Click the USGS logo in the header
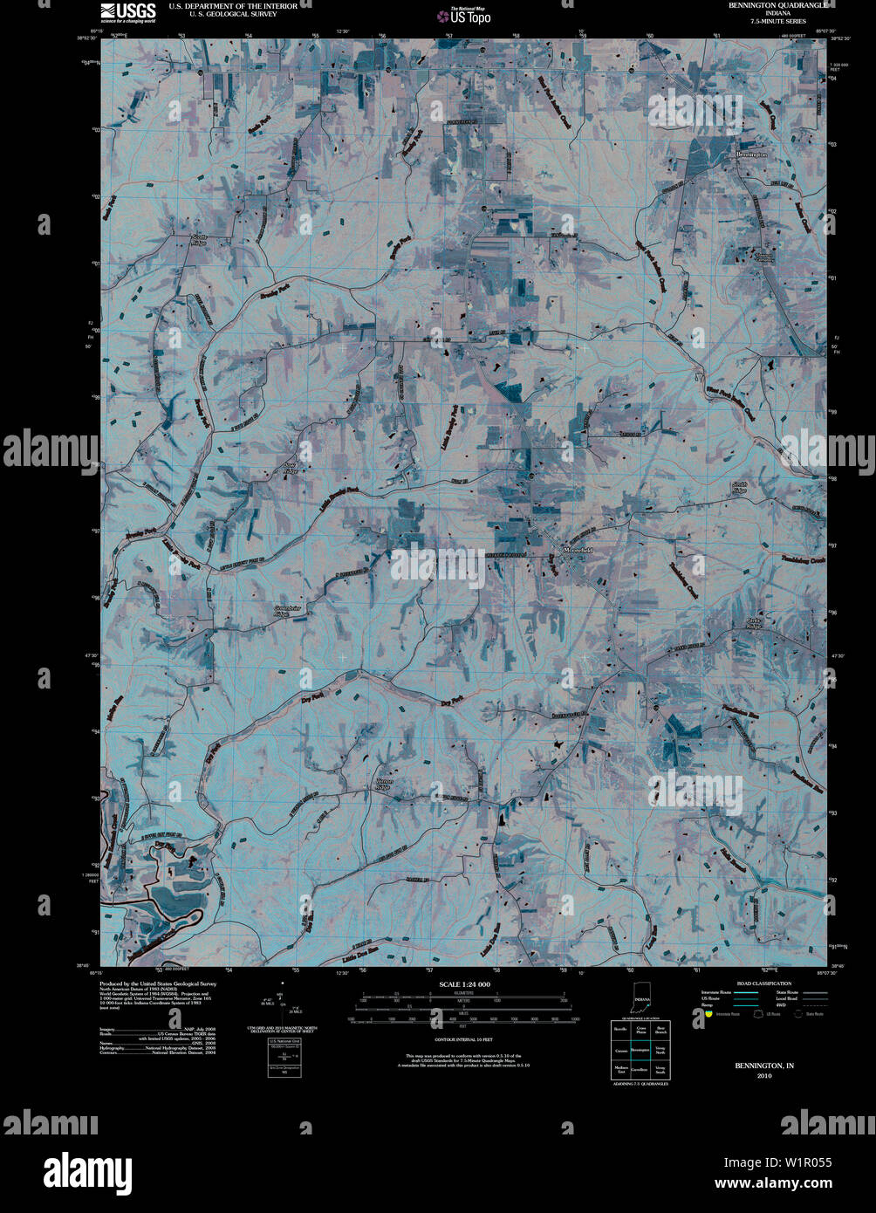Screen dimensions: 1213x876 [x=128, y=11]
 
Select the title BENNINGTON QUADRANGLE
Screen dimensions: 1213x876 [x=770, y=5]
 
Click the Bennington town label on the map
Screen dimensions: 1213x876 [x=751, y=154]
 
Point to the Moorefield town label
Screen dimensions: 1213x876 [x=578, y=551]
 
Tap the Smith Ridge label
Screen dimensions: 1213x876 [x=739, y=487]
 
